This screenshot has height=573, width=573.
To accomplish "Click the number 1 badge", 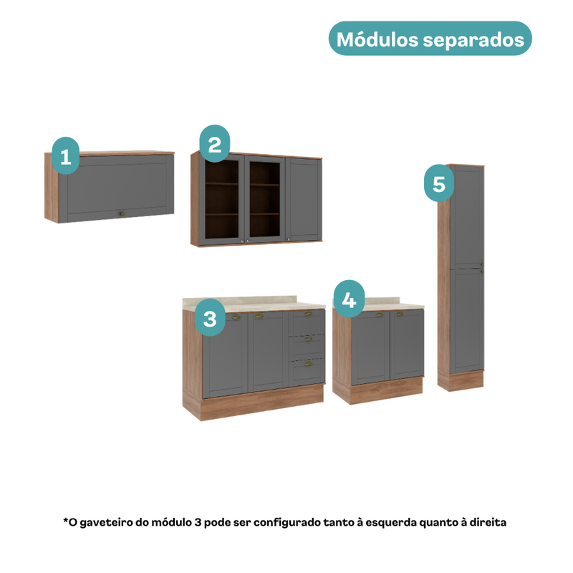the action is [66, 155].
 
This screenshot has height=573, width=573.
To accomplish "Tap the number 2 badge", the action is [215, 144].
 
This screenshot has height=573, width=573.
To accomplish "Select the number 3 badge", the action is [210, 317].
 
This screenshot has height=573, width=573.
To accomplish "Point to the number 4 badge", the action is [349, 299].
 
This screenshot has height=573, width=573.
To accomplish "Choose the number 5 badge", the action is [439, 183].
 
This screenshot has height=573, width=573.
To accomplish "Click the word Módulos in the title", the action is [377, 39].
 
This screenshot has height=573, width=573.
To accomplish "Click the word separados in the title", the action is [473, 40].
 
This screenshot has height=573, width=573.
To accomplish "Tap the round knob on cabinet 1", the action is [122, 213].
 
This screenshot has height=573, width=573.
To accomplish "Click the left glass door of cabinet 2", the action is [222, 200].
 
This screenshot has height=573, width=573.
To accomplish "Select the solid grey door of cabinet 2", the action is [304, 199].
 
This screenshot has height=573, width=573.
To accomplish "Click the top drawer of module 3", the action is [307, 322].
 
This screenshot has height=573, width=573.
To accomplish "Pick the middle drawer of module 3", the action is [307, 347].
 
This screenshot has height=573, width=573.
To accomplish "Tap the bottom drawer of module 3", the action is [307, 371].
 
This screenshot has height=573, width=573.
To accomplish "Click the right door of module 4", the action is [407, 345].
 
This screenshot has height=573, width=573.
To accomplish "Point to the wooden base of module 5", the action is [461, 380].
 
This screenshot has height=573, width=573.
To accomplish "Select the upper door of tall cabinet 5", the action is [467, 216].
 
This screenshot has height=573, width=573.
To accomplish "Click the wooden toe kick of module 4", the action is [386, 390].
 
